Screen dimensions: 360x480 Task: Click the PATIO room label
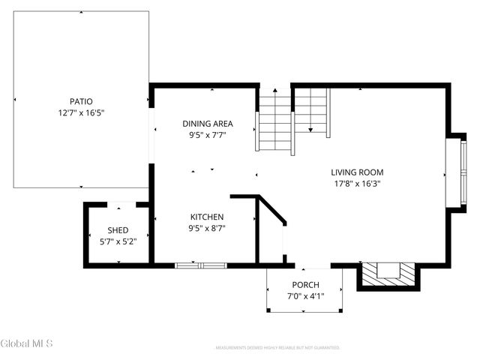click(x=82, y=100)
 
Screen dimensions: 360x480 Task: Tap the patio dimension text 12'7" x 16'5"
click(x=82, y=112)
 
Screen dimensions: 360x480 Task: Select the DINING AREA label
click(x=208, y=124)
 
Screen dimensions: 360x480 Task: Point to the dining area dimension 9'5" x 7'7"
click(x=208, y=136)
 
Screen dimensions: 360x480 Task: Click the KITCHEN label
click(x=206, y=217)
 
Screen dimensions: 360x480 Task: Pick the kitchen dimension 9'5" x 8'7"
click(x=206, y=229)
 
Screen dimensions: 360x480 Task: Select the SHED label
click(x=118, y=230)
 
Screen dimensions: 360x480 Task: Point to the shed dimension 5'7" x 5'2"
click(x=118, y=242)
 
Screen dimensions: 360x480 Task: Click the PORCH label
click(x=305, y=285)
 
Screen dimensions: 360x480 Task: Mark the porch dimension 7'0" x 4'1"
click(x=305, y=297)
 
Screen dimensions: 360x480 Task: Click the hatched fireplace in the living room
click(x=387, y=275)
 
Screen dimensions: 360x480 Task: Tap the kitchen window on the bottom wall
click(x=201, y=265)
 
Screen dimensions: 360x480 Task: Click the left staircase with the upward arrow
click(x=275, y=120)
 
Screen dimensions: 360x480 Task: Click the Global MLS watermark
click(x=27, y=344)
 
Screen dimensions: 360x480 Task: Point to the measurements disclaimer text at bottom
click(x=277, y=348)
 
